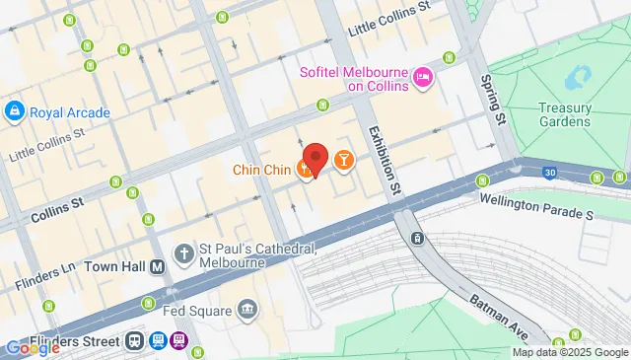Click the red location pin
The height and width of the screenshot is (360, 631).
coord(315,159)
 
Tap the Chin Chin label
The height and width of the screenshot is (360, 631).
coord(261,170)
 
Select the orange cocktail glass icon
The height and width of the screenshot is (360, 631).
coord(343,159)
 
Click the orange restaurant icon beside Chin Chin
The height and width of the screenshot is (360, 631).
coord(307,171)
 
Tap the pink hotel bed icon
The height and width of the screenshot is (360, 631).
coord(423,76)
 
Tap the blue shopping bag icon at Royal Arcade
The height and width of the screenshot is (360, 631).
coord(15,111)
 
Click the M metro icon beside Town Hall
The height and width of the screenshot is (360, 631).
coord(156,266)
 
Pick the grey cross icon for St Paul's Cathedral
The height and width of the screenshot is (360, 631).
coord(183,255)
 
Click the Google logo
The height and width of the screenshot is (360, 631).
coord(32,347)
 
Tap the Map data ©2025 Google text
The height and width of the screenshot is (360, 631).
coord(568,352)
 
